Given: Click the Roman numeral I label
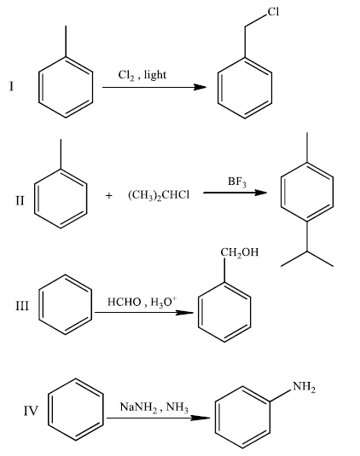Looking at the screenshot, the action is [11, 86].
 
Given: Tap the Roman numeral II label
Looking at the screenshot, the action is [20, 200].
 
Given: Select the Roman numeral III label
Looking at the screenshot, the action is [22, 306].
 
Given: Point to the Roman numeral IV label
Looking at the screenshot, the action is [31, 411].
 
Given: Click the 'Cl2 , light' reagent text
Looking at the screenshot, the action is [142, 75].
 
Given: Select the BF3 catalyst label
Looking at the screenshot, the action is [237, 182].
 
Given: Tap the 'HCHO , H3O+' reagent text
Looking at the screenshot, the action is [142, 302].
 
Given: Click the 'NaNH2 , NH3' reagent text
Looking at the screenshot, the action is [154, 407].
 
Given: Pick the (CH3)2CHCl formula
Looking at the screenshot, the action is [159, 195].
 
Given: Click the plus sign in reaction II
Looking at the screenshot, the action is [108, 195].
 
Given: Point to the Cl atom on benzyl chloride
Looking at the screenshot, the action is [273, 12].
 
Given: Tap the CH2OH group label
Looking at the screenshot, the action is [239, 252].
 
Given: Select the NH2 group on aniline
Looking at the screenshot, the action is [304, 387].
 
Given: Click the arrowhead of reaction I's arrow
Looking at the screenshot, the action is [200, 87].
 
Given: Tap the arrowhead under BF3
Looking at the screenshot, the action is [260, 193].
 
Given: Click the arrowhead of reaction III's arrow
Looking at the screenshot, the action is [185, 313].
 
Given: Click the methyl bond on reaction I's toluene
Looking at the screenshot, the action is [66, 42].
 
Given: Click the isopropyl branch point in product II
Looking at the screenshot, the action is [307, 251].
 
